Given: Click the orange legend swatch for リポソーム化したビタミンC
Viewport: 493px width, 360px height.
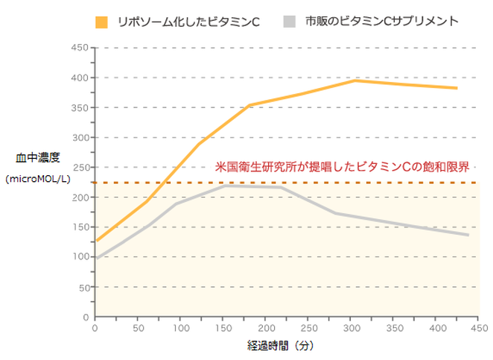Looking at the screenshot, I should click(101, 22).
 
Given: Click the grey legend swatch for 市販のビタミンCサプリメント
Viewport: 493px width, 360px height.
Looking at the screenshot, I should click(290, 22).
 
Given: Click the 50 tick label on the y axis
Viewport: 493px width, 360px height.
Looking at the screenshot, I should click(83, 287).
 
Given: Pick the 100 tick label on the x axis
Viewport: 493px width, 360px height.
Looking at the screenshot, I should click(180, 327).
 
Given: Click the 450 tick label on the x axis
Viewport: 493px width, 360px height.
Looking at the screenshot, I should click(480, 327).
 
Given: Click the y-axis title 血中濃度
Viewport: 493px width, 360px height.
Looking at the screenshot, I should click(37, 158).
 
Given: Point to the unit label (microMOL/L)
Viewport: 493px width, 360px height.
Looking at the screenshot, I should click(37, 179).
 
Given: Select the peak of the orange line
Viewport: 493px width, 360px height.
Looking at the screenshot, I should click(355, 80).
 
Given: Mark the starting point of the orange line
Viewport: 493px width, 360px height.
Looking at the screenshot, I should click(96, 241).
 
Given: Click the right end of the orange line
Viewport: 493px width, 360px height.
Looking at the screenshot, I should click(457, 88).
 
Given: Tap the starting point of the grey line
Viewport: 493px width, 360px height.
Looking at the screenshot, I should click(96, 259).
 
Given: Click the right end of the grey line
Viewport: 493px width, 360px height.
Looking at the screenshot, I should click(468, 235).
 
